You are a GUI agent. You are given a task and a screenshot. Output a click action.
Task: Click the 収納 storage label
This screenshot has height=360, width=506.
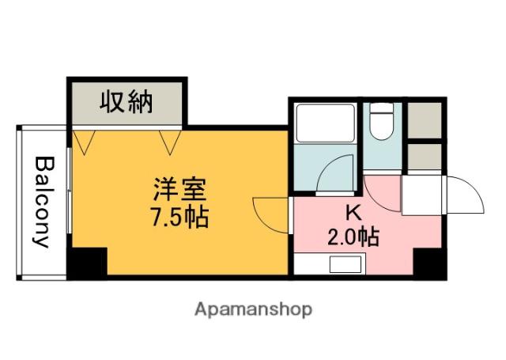pos(126,102)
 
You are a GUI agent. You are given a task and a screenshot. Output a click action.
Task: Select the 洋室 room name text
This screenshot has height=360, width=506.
pos(179,191)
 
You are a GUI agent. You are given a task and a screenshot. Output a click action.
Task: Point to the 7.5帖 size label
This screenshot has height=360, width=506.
pos(179,216)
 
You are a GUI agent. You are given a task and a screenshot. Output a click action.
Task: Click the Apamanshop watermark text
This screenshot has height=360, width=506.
pos(253,309)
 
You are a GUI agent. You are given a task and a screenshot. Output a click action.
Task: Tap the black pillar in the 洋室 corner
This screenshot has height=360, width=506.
pos(87,262)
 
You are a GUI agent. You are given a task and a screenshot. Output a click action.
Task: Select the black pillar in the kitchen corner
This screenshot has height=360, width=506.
pos(429,262)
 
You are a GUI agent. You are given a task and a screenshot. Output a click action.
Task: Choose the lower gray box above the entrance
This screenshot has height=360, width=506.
pos(425,156)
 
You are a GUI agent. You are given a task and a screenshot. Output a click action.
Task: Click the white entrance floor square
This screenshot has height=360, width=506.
pos(424,195)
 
